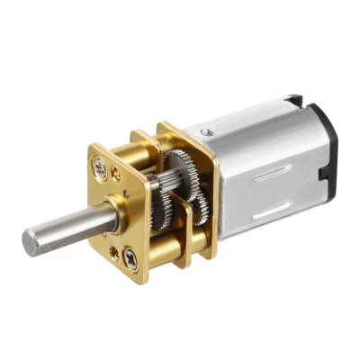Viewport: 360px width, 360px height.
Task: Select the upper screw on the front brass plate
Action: (x=98, y=167)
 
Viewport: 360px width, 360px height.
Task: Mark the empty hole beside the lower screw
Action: (x=113, y=253)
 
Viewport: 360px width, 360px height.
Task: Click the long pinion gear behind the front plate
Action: (x=162, y=203)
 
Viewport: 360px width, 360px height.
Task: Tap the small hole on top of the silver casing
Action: (x=208, y=131)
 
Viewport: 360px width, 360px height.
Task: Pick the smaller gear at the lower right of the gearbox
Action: (x=203, y=202)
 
